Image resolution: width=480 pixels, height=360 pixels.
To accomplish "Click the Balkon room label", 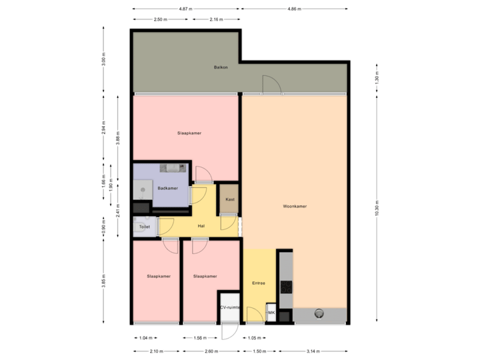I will tap(221, 68).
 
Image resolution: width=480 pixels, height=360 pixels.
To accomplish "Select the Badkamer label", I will tap(167, 189).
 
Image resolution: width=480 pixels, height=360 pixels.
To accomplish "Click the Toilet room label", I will tap(144, 227).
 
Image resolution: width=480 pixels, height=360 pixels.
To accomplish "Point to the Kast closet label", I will tap(229, 199).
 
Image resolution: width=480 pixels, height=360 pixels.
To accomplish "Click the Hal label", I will tap(201, 226).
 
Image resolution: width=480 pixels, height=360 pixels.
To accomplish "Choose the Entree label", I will tap(259, 283).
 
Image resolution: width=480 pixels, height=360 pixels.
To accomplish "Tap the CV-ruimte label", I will tap(229, 307).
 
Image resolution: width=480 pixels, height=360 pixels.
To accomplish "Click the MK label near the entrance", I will tap(271, 312).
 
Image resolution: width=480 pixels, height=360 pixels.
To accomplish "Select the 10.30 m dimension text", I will tap(377, 207).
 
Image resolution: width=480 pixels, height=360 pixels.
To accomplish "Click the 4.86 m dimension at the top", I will tap(294, 9).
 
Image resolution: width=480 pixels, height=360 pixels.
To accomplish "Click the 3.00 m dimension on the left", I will tap(103, 60).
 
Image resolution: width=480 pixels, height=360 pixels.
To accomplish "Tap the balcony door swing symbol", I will tap(271, 85).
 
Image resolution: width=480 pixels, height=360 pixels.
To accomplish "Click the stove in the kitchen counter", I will tap(286, 287).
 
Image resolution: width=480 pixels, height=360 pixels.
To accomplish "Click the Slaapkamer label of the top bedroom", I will tap(189, 133).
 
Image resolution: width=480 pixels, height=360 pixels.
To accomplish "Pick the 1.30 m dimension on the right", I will tap(377, 79).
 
